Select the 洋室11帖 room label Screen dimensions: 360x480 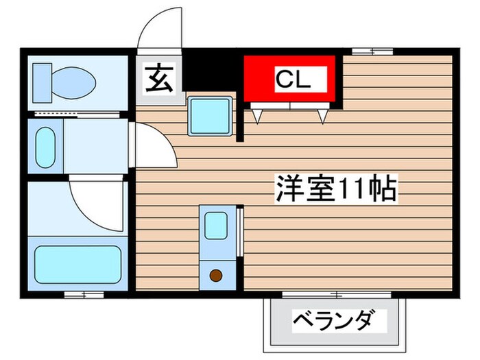point(336,188)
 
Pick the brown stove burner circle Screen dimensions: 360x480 point(216,276)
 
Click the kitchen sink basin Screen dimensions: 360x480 point(217,226)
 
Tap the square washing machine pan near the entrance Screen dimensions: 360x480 point(208,113)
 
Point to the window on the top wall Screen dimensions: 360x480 point(372,51)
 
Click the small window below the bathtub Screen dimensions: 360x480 point(84,295)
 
